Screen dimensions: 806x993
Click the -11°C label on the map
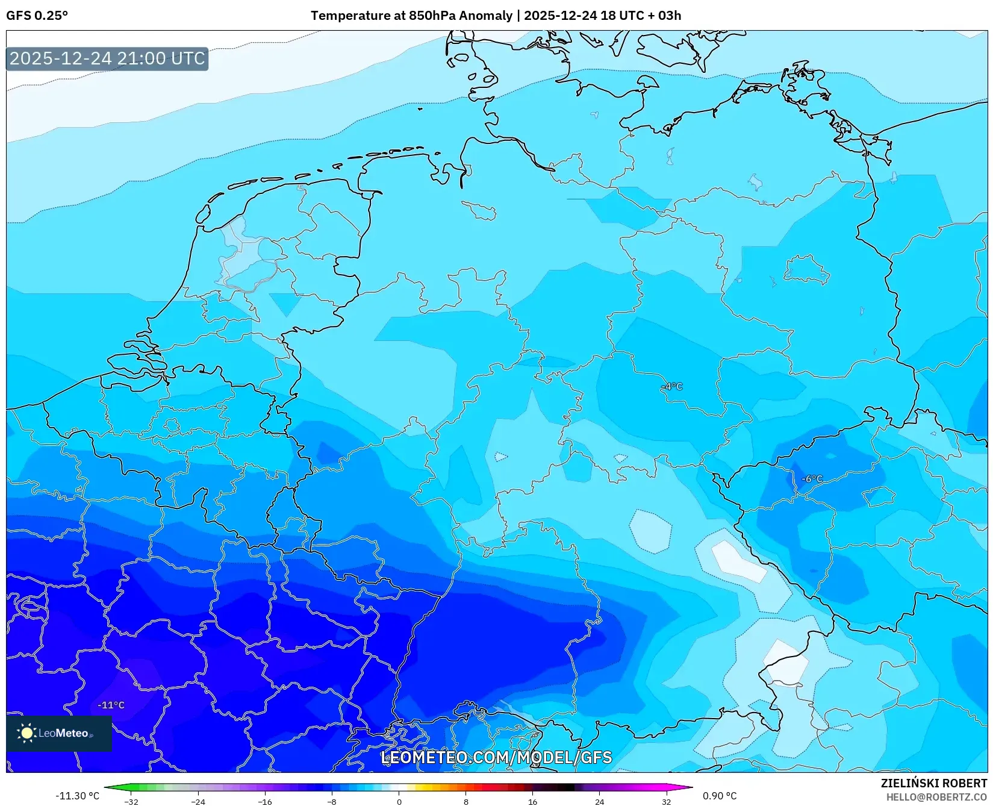pos(111,705)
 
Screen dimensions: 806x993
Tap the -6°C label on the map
pos(812,479)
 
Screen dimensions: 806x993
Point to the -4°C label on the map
pos(672,387)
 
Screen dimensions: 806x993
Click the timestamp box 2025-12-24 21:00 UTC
pos(107,59)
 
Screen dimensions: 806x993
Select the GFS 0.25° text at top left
pos(37,16)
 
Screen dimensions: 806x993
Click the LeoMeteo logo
pos(58,733)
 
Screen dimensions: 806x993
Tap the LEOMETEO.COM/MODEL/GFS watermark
pos(496,758)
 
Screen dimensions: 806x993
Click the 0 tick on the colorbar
pos(399,802)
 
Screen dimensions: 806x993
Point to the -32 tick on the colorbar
pos(131,802)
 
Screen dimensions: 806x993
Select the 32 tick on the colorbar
pos(666,802)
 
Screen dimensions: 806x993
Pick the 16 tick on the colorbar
pos(532,802)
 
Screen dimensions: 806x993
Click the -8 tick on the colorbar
pos(331,802)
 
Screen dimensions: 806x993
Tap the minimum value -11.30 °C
pos(77,796)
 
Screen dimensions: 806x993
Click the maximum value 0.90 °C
pos(720,796)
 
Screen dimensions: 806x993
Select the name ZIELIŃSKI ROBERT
pos(934,783)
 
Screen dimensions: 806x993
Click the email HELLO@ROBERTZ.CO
pos(936,797)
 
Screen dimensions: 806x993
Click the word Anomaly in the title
pos(485,16)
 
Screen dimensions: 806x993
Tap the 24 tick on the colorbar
pos(599,802)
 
